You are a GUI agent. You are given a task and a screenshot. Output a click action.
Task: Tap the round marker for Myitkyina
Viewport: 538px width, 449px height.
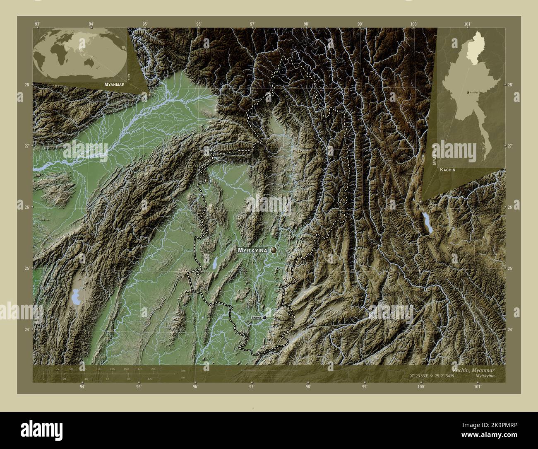point(274,250)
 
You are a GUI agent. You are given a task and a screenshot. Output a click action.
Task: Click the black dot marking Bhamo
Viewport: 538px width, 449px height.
point(264,318)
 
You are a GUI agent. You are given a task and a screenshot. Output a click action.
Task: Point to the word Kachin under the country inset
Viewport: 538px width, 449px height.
point(448,170)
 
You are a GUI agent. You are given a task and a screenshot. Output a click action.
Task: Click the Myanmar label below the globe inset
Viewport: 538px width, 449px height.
point(115,84)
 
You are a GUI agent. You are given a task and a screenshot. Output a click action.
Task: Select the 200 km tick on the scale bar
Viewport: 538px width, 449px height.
point(154,369)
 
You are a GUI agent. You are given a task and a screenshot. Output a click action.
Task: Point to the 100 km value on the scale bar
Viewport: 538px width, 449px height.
point(98,369)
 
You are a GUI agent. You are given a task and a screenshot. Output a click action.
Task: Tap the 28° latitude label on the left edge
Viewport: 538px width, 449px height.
point(26,84)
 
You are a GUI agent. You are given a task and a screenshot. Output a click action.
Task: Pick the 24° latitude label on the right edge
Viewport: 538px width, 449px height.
point(510,329)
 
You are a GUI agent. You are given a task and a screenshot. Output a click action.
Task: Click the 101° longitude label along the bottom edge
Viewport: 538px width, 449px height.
point(478,387)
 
